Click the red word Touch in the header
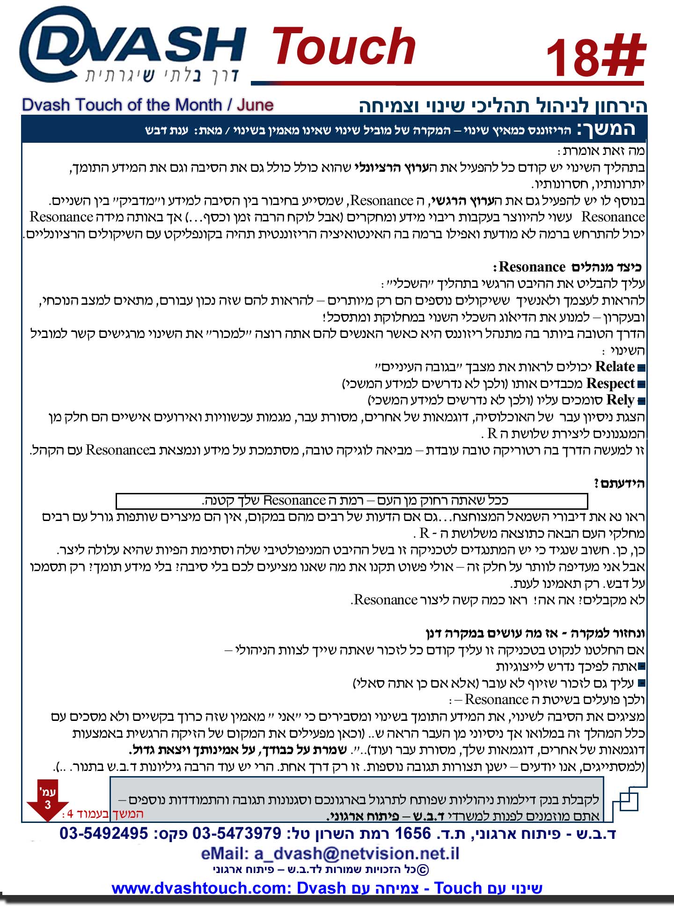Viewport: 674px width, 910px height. [344, 47]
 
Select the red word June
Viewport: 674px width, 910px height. [255, 105]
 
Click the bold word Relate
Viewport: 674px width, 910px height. [615, 367]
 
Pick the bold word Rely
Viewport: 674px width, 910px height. [620, 400]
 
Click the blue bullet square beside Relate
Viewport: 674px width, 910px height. [642, 368]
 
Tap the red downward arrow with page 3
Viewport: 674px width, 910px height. [47, 803]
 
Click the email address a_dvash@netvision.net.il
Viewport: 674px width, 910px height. [330, 853]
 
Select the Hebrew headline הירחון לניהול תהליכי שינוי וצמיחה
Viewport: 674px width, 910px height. [503, 106]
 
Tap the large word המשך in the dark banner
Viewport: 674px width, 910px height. [606, 128]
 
